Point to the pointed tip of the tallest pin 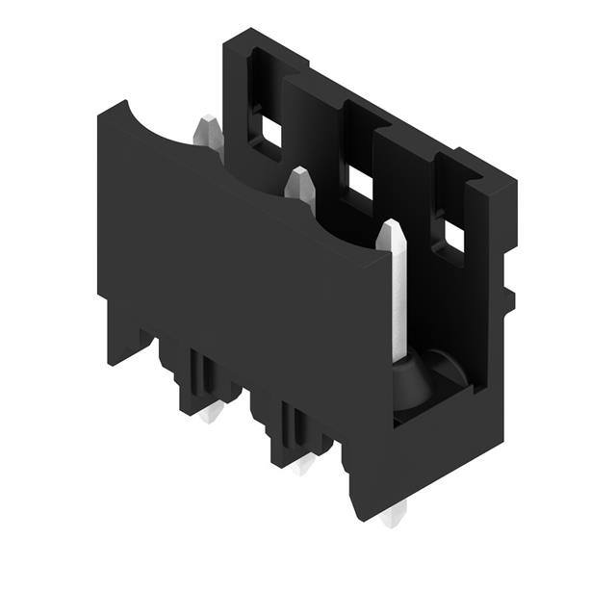(x=391, y=227)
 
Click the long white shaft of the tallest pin (x=395, y=298)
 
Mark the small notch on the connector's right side (x=508, y=298)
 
